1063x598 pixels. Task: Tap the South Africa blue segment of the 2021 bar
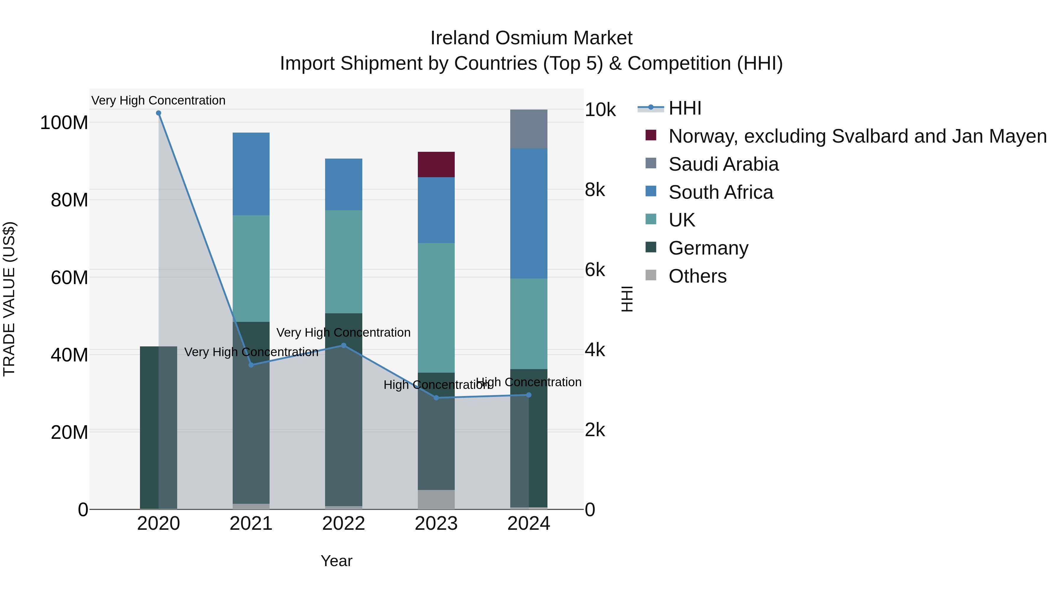point(251,174)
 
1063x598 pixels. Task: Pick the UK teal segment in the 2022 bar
point(343,262)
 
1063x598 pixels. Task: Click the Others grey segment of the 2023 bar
point(436,499)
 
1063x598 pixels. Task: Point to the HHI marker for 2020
point(159,113)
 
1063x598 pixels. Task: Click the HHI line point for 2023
point(436,398)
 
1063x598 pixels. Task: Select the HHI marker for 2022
point(343,346)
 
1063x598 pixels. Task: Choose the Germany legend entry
point(708,248)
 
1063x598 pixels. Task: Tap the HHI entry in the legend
point(684,108)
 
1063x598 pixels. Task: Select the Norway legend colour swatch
point(651,135)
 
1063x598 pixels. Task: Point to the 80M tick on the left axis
point(69,200)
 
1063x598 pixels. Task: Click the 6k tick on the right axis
point(595,270)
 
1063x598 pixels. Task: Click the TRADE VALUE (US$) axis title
point(9,299)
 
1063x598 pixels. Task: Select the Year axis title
point(336,561)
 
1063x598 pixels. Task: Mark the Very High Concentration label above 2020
point(159,100)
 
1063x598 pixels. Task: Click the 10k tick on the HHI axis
point(600,110)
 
